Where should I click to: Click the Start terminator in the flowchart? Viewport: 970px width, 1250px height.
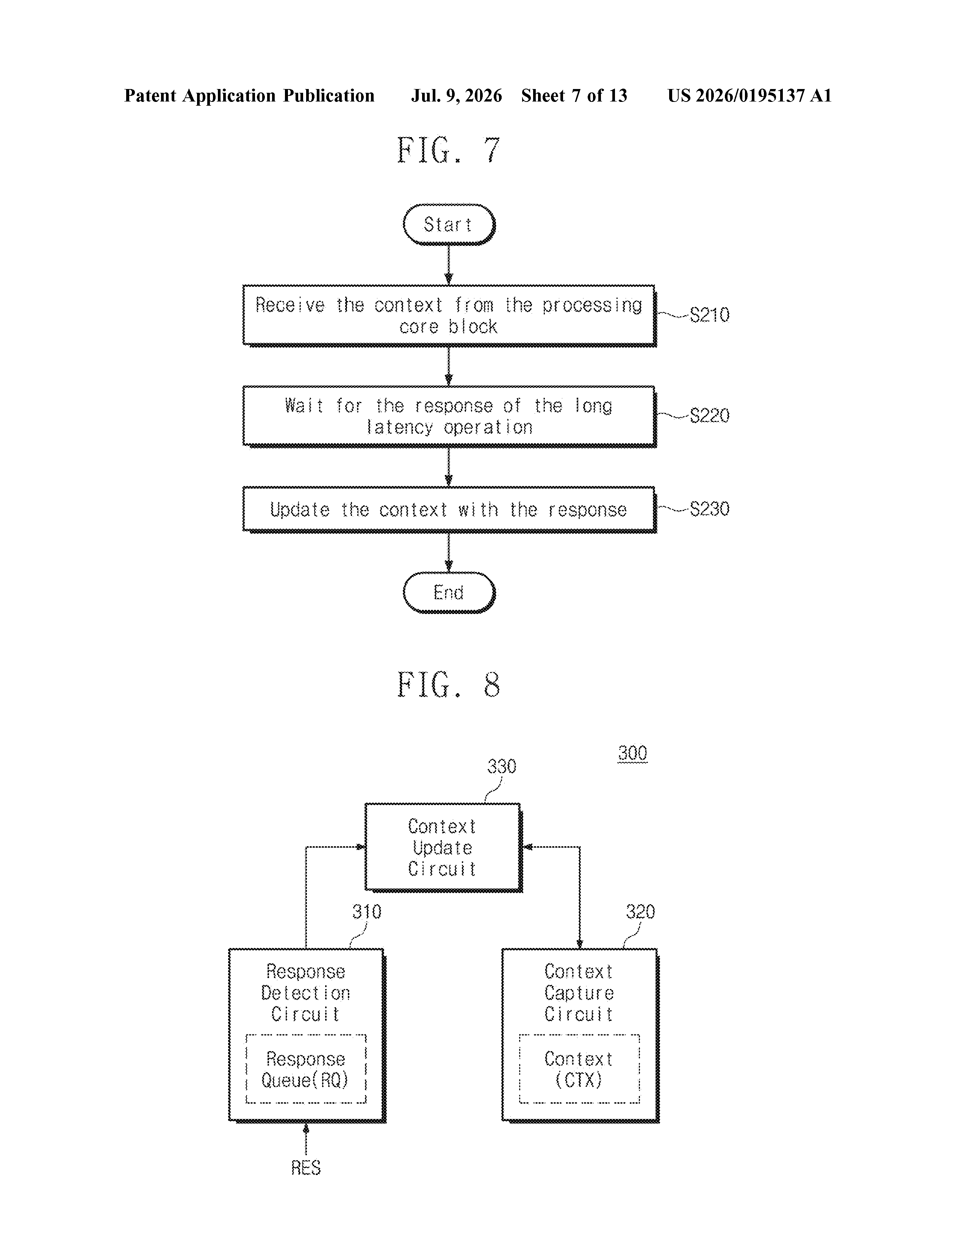(x=449, y=224)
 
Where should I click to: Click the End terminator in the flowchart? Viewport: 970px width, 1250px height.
(x=449, y=592)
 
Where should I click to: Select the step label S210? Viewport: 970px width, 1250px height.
(x=709, y=315)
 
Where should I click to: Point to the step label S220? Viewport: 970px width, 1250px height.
(x=709, y=416)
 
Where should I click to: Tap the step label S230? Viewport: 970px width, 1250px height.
(x=709, y=509)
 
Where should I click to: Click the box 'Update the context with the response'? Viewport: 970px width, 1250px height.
(x=449, y=509)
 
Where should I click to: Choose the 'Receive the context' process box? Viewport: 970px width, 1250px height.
(x=449, y=316)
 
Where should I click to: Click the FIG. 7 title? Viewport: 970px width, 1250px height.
(x=449, y=150)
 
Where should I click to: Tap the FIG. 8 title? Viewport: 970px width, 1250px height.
(x=449, y=684)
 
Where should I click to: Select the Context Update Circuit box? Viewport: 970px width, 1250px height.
(x=444, y=848)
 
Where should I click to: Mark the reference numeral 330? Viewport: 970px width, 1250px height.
(x=502, y=766)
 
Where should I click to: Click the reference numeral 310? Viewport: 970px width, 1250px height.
(x=366, y=912)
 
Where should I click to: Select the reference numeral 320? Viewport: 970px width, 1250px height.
(x=640, y=912)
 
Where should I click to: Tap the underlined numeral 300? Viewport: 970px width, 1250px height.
(x=633, y=753)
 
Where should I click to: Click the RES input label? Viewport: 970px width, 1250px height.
(x=306, y=1167)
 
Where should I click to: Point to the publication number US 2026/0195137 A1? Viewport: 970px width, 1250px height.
(x=749, y=95)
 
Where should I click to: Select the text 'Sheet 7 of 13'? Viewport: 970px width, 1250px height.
(x=574, y=95)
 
